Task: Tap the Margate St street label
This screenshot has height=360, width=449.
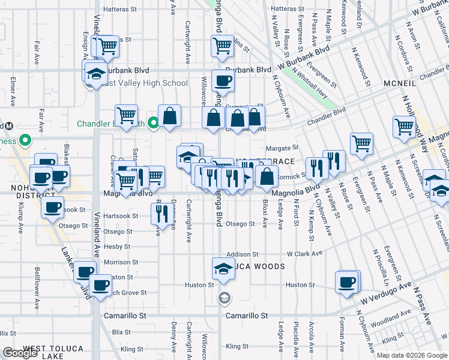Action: pos(282,148)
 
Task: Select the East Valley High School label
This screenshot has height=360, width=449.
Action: pos(144,83)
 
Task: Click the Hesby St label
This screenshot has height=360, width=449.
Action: pos(117,247)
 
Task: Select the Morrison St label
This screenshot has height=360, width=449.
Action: pos(121,262)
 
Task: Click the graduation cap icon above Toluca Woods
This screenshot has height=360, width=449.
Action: pos(223,269)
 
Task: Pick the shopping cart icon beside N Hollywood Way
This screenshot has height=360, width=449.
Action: pos(404,127)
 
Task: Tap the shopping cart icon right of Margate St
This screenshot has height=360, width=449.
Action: pos(361,143)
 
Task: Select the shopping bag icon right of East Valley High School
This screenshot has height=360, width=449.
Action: pos(170,115)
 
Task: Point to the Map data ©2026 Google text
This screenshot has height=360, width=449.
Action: pos(412,355)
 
